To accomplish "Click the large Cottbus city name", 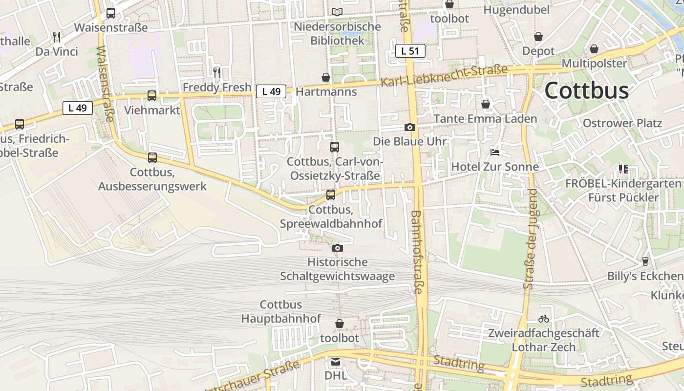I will (x=586, y=91).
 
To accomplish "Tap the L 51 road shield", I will (x=410, y=51).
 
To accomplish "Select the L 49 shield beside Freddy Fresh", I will (x=271, y=91).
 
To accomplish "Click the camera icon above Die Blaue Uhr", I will (x=410, y=128).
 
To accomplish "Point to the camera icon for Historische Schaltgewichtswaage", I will (x=337, y=248).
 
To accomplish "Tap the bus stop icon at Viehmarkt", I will (x=152, y=96).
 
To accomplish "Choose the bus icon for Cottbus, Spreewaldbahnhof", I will (x=331, y=195).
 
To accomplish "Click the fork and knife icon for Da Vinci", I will (x=57, y=37).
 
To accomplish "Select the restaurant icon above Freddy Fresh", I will (x=217, y=73).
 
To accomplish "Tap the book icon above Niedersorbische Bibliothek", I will (x=337, y=12).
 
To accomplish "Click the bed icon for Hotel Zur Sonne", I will (x=495, y=152).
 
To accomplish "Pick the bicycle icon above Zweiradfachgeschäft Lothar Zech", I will (x=544, y=319).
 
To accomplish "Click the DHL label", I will (x=336, y=375).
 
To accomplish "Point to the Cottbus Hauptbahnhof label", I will (x=281, y=312).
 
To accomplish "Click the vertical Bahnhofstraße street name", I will (x=417, y=252).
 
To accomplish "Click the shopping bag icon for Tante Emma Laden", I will (x=486, y=104).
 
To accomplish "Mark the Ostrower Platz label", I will (x=622, y=123).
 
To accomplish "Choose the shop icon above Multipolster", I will (x=594, y=49).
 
